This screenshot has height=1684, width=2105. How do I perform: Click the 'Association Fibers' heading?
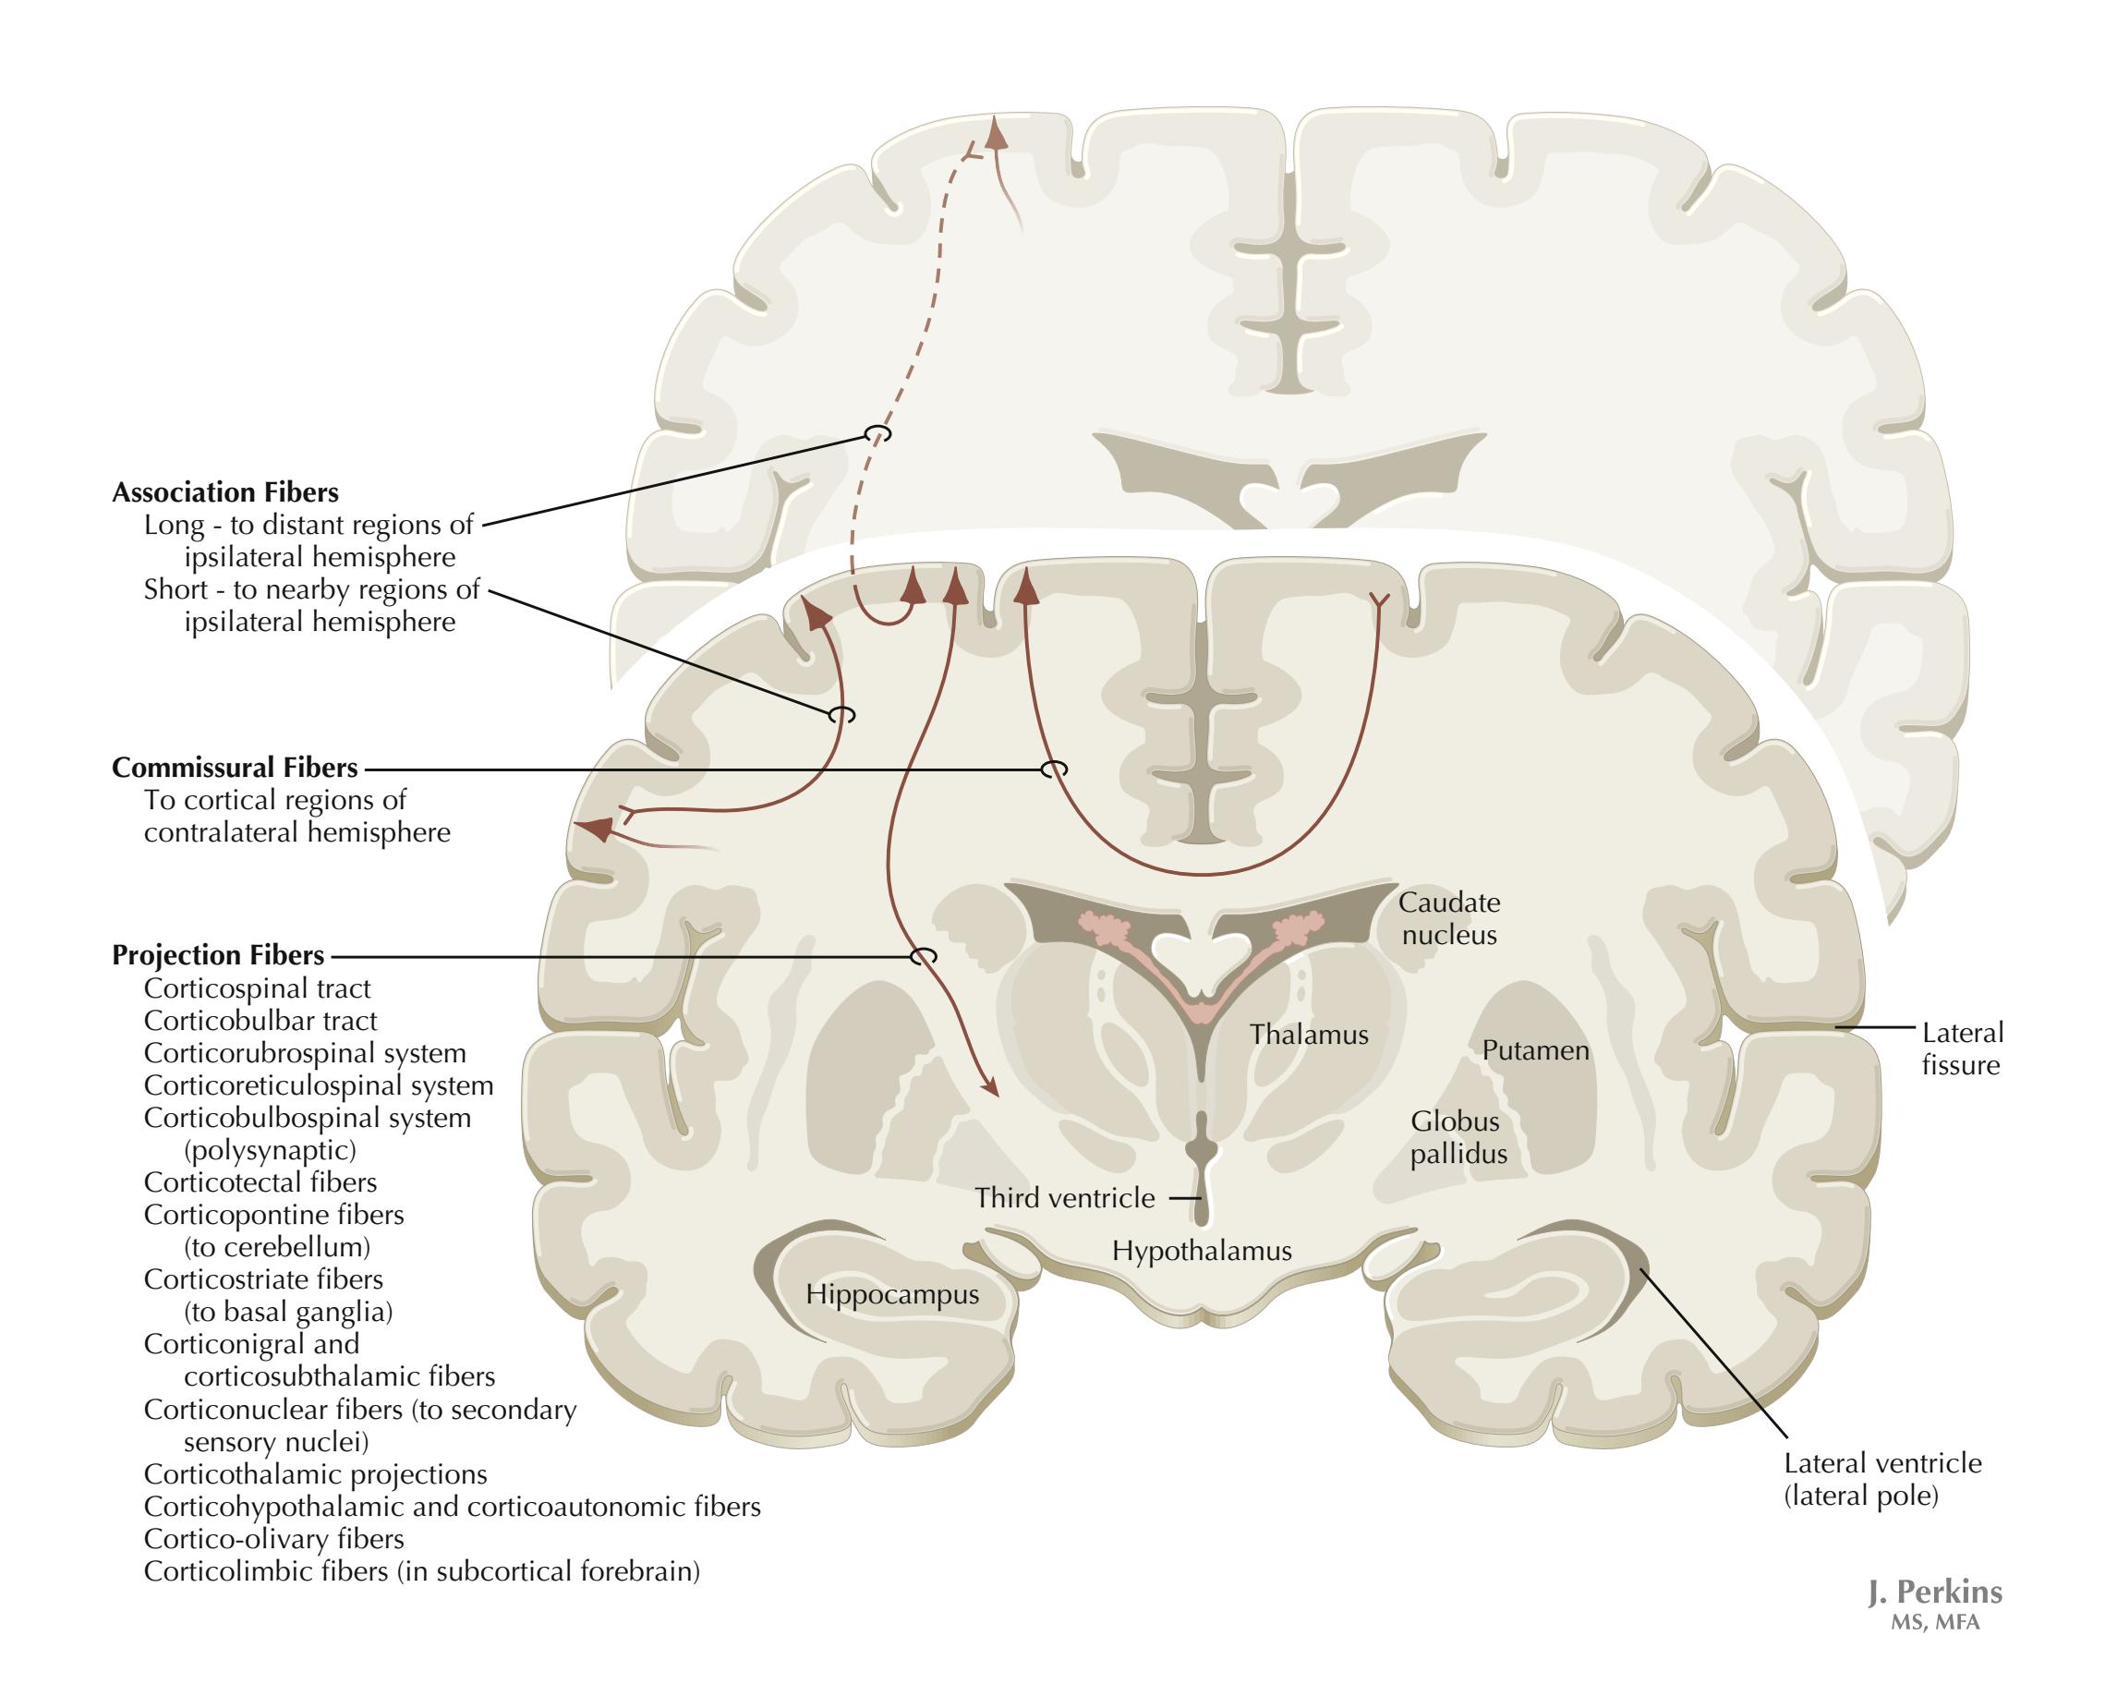pyautogui.click(x=225, y=492)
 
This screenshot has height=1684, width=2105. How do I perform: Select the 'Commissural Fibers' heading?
pyautogui.click(x=235, y=768)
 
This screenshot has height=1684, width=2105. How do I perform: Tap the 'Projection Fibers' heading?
pyautogui.click(x=218, y=955)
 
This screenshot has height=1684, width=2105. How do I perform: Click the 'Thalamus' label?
pyautogui.click(x=1308, y=1035)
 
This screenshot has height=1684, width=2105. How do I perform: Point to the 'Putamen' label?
pyautogui.click(x=1535, y=1050)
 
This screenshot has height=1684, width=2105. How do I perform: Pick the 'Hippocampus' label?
pyautogui.click(x=891, y=1294)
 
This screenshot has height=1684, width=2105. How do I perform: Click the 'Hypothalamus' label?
pyautogui.click(x=1201, y=1251)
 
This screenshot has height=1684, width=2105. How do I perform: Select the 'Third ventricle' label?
pyautogui.click(x=1064, y=1198)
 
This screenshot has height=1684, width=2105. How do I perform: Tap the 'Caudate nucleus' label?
pyautogui.click(x=1449, y=918)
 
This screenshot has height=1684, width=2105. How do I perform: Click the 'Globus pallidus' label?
pyautogui.click(x=1458, y=1137)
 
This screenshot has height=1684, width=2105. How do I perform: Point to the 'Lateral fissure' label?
pyautogui.click(x=1962, y=1048)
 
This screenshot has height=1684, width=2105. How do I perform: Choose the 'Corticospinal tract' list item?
pyautogui.click(x=257, y=989)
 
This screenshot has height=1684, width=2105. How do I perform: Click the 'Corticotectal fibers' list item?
pyautogui.click(x=260, y=1182)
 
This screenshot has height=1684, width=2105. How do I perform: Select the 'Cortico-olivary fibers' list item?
pyautogui.click(x=273, y=1540)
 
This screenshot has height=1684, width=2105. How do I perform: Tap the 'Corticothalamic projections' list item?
pyautogui.click(x=314, y=1474)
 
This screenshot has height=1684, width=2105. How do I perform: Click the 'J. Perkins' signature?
pyautogui.click(x=1934, y=1593)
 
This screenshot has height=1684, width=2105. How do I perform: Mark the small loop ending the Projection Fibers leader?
pyautogui.click(x=923, y=956)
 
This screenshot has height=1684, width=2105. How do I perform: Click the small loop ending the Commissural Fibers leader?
pyautogui.click(x=1054, y=769)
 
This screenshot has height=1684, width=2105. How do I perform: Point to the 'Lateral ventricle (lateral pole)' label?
pyautogui.click(x=1882, y=1479)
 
